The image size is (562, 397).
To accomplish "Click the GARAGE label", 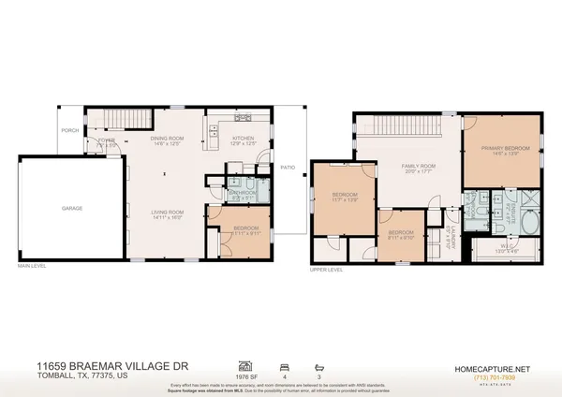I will pos(72,208).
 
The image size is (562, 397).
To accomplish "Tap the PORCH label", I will pos(69,131).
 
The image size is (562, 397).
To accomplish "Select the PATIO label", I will pos(288,167).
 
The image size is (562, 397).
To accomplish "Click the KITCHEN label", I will pos(243,139).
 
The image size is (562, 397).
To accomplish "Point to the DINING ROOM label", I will pos(167,139).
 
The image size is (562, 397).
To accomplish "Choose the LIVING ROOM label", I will pos(167,213).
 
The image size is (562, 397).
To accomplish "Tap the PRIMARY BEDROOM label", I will pos(501,148).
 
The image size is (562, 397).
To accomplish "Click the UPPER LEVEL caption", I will pos(327,269).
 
